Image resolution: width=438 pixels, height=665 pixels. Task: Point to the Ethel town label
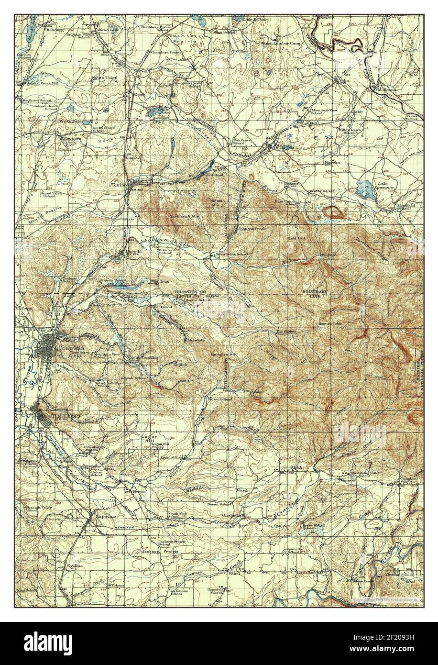[x=234, y=573]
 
